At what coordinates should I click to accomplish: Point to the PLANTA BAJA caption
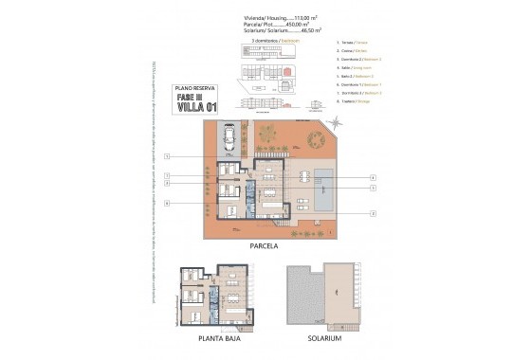click(217, 337)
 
